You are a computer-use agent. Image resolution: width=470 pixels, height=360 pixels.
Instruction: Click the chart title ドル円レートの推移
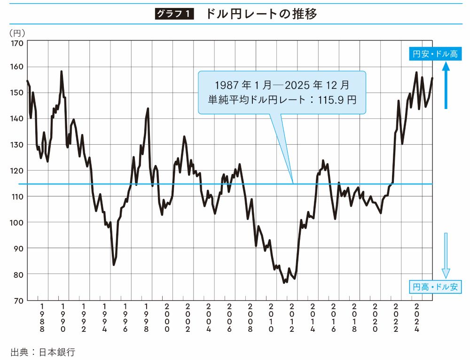[261, 14]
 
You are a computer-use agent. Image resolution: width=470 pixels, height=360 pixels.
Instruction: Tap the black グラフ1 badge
[174, 14]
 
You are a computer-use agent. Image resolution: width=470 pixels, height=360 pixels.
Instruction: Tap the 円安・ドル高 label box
[435, 54]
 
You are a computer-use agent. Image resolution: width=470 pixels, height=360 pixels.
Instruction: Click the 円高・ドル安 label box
[435, 287]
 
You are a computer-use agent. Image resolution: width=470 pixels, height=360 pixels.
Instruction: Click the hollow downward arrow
[446, 256]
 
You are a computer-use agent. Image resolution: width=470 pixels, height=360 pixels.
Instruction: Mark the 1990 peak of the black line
[62, 72]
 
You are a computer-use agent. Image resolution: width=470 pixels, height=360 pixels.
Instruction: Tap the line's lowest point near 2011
[284, 282]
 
